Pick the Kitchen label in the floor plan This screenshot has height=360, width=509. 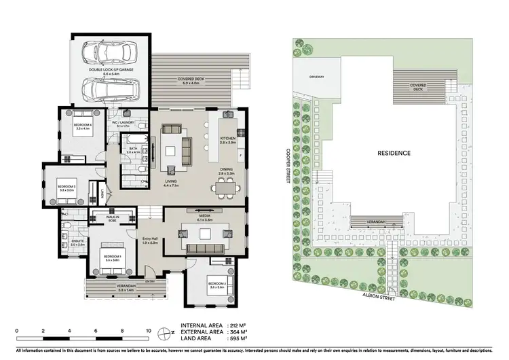(x=227, y=139)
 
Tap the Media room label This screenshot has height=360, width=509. (x=204, y=218)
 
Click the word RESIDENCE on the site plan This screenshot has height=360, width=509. (x=394, y=154)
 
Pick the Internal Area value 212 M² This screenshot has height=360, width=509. (x=238, y=325)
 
